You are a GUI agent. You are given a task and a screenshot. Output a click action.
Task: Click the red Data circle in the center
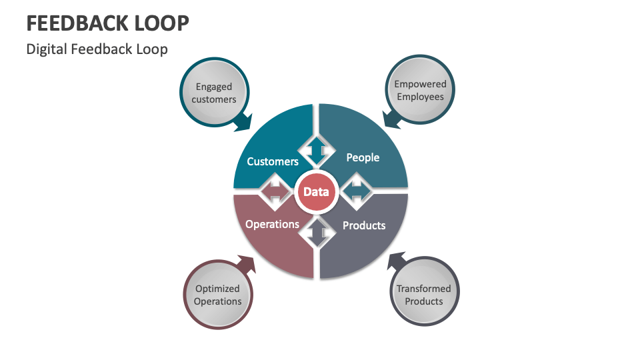[316, 192]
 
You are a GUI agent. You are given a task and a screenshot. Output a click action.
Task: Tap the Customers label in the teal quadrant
[272, 161]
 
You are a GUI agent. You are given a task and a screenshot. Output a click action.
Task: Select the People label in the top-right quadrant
[363, 157]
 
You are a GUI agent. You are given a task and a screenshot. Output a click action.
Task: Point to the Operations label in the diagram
[272, 224]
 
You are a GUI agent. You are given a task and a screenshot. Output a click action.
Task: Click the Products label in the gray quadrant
[364, 225]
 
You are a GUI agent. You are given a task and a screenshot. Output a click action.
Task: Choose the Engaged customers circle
[214, 93]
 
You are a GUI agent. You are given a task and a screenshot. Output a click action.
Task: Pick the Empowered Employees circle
[420, 91]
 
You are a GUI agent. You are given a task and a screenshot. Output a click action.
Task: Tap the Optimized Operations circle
[217, 295]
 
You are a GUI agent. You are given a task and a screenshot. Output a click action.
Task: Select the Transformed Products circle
[423, 295]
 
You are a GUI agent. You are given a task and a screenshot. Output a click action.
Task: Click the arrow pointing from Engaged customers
[243, 121]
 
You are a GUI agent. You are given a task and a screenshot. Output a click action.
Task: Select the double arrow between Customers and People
[316, 151]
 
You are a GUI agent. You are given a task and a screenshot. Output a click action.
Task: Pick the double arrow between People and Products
[357, 192]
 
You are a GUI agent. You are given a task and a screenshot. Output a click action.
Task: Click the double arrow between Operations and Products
[316, 233]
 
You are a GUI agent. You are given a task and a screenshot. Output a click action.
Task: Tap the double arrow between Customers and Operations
[275, 192]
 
